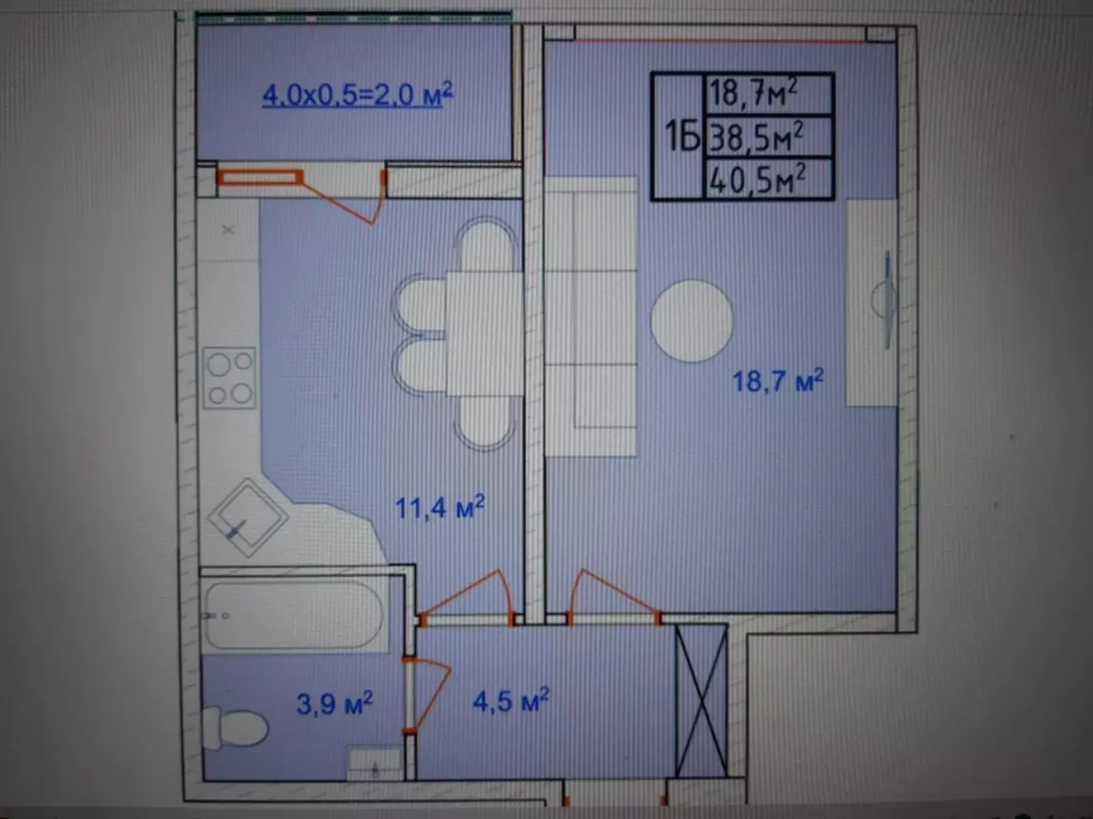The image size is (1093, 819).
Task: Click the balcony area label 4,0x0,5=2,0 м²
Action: (357, 94)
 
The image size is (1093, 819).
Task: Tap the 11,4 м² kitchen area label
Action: (440, 507)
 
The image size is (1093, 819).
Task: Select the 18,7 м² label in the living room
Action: (778, 381)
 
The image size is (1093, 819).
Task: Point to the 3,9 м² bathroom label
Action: (335, 703)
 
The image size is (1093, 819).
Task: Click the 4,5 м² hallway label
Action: (511, 700)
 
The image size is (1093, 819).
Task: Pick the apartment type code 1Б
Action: (682, 137)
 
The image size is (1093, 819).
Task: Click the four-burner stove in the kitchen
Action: (230, 378)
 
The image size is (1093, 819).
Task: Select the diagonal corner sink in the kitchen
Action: (248, 517)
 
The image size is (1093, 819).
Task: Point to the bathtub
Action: (294, 616)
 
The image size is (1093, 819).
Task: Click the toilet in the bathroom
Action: (235, 728)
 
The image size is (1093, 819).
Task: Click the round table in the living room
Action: (691, 321)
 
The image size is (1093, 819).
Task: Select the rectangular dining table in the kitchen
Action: (484, 333)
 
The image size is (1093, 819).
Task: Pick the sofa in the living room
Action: (591, 316)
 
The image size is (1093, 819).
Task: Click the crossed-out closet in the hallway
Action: (702, 701)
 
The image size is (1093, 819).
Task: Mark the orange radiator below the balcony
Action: (260, 177)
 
